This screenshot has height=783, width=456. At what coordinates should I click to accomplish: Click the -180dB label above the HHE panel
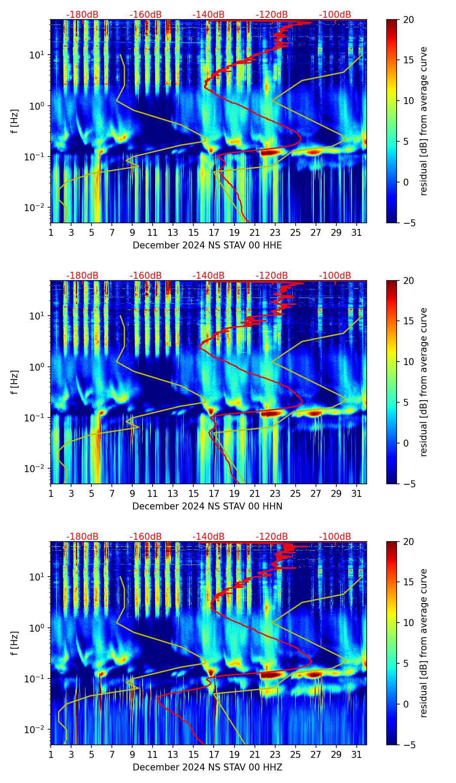point(82,15)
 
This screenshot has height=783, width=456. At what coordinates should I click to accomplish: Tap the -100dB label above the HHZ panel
point(335,537)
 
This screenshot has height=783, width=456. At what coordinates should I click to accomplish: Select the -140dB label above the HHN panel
point(208,276)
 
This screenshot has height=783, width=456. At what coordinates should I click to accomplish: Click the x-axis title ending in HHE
point(207,245)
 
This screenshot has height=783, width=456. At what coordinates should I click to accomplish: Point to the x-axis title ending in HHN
point(207,506)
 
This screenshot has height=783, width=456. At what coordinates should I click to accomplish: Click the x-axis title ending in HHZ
point(207,767)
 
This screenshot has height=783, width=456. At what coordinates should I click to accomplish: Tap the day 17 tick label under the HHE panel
point(214,232)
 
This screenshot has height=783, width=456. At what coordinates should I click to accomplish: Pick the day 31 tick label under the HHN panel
point(356,493)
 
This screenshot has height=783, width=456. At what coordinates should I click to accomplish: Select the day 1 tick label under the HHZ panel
point(51,754)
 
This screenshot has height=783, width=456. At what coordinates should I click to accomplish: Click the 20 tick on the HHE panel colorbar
point(408,20)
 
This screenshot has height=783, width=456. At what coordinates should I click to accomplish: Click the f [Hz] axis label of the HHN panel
point(15,382)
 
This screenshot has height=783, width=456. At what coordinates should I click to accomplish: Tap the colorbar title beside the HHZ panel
point(424,643)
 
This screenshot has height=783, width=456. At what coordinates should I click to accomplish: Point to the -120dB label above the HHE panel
point(272,15)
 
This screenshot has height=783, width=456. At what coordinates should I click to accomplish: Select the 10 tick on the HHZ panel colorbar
point(408,623)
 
